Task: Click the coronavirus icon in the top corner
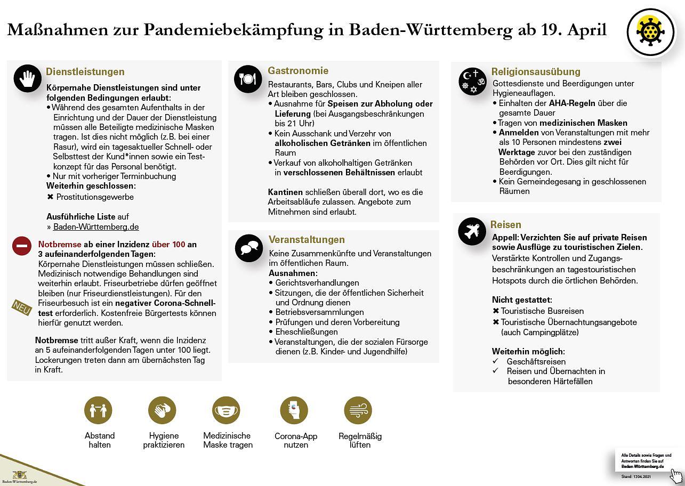(x=650, y=32)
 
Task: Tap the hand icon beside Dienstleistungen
(x=28, y=79)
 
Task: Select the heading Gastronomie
(x=297, y=71)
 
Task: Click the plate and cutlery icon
(x=248, y=79)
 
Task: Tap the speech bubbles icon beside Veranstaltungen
(x=249, y=248)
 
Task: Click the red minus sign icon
(x=22, y=246)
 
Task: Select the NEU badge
(x=22, y=307)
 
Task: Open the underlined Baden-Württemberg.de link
(x=96, y=226)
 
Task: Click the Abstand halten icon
(x=98, y=410)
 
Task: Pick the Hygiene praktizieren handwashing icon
(x=162, y=410)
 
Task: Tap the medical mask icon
(x=226, y=410)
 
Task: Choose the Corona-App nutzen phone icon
(x=294, y=410)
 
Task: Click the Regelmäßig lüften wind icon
(x=358, y=410)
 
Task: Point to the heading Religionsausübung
(x=535, y=71)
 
